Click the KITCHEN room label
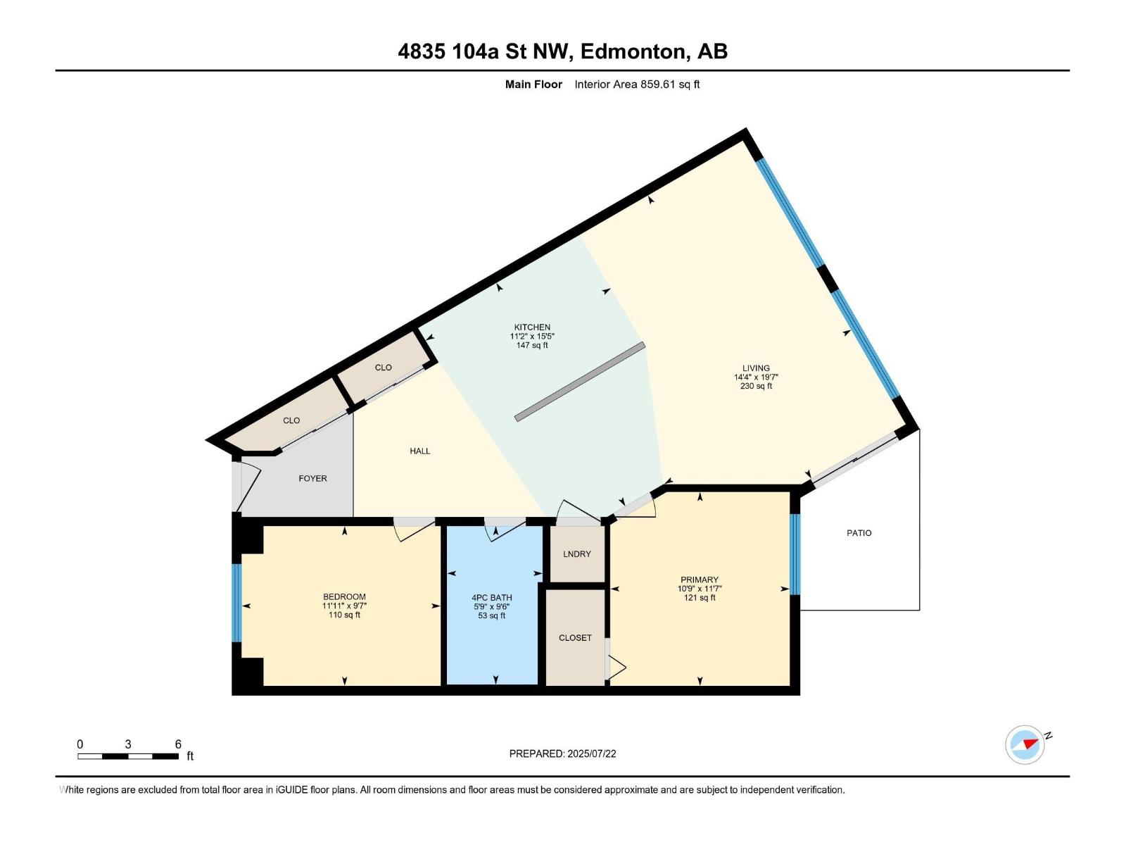[x=532, y=327]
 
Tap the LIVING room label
[x=756, y=368]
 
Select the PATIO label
[x=859, y=533]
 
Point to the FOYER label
[x=312, y=478]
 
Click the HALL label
[x=420, y=451]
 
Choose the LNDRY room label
[x=577, y=554]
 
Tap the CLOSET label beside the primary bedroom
[x=575, y=638]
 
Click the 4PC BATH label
[x=492, y=598]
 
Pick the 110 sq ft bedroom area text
[x=344, y=615]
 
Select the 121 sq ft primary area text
[x=700, y=598]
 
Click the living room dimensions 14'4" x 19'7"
[x=756, y=377]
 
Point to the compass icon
[x=1025, y=744]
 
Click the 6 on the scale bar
[x=178, y=744]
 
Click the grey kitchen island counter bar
[x=580, y=382]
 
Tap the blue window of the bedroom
[x=236, y=602]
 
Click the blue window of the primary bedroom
[x=795, y=554]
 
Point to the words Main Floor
[x=533, y=84]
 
